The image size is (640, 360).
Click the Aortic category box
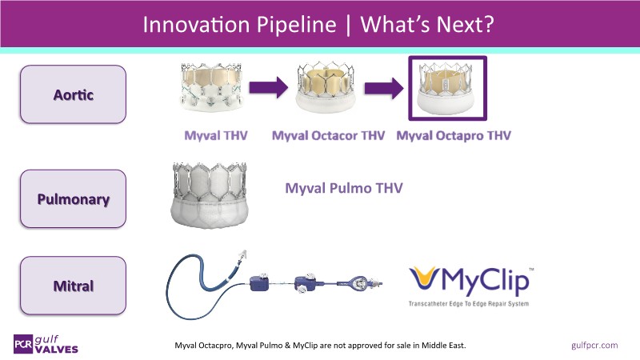73,94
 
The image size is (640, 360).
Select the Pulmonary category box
73,198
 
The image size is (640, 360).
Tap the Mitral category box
73,286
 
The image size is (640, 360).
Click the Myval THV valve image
211,86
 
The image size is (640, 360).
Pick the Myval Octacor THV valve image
326,86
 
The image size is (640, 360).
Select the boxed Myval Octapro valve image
448,88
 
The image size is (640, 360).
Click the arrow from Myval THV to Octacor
269,87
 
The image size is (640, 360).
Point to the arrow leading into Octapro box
384,88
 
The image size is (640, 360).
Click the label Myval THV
216,135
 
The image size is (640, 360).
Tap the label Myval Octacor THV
328,135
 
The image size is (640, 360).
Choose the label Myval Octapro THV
454,135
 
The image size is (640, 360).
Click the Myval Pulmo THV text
344,188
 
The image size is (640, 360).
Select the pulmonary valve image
210,194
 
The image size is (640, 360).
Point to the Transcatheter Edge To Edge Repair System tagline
469,304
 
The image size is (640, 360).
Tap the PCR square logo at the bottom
23,344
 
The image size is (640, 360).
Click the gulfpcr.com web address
594,346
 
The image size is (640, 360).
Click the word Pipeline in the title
297,25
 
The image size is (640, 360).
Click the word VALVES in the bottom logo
56,350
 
